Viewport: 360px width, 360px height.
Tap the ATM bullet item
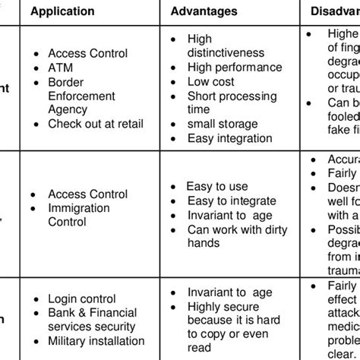61,68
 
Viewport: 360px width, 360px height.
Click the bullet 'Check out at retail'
96,124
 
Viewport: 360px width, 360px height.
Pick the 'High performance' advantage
235,68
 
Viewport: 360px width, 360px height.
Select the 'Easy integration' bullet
229,138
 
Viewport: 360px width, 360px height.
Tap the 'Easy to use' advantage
217,185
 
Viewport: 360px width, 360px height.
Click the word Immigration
79,208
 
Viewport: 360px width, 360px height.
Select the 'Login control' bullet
82,299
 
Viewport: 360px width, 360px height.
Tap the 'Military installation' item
96,341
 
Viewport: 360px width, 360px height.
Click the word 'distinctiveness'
226,53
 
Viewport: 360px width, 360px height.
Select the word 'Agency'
68,110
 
